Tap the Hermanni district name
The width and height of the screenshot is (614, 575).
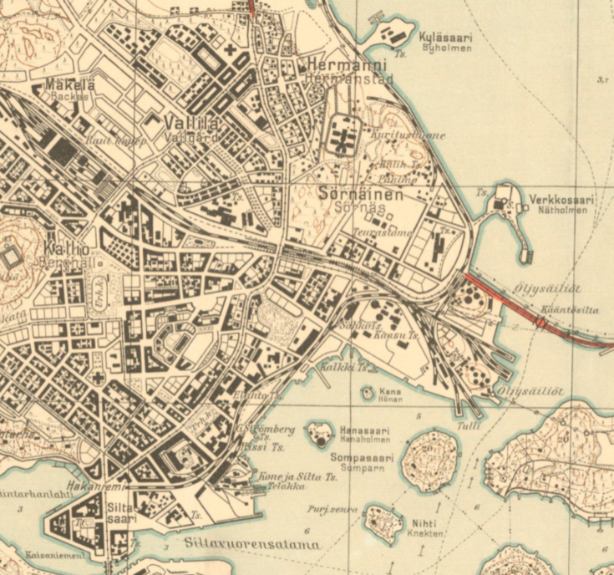[339, 64]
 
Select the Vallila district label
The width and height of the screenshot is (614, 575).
[194, 123]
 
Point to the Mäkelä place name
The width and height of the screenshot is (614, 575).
[70, 84]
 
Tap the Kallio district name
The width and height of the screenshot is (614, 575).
[61, 249]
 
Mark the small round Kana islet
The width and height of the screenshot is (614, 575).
[368, 392]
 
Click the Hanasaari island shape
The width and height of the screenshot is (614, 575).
[318, 433]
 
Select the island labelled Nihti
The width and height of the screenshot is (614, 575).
[383, 523]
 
